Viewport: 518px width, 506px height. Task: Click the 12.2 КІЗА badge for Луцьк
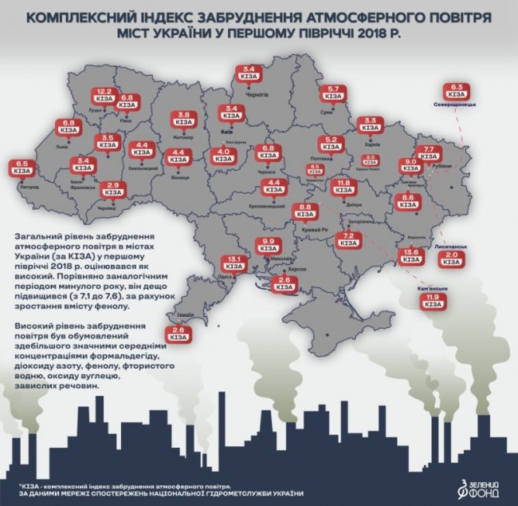point(103,95)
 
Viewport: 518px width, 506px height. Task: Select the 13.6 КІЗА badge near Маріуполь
point(412,257)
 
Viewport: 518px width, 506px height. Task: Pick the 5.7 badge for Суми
point(334,93)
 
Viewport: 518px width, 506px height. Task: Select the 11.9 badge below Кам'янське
point(434,302)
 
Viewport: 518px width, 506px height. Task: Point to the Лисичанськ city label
point(450,248)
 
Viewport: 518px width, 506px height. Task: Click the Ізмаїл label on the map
point(186,316)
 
